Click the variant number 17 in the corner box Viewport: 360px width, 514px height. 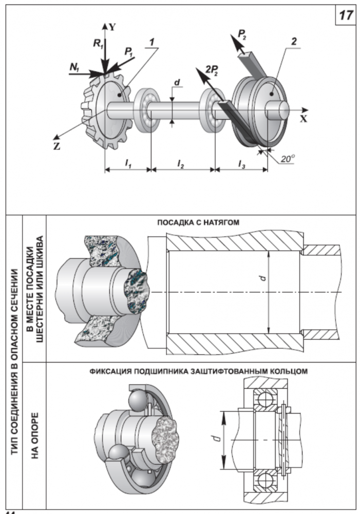point(346,15)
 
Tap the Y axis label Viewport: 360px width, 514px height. point(112,27)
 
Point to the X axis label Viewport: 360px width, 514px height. point(304,119)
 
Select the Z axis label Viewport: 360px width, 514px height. point(57,146)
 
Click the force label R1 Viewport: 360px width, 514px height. point(98,43)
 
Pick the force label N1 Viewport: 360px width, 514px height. point(74,67)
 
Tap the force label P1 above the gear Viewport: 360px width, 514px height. point(129,52)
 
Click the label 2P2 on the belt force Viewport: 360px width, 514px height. point(213,70)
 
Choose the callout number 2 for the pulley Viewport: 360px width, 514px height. point(294,41)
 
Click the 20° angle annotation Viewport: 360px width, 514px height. point(288,159)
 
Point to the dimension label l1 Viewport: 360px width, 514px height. point(128,163)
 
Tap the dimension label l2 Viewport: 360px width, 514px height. point(180,163)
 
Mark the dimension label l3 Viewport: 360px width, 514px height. point(241,163)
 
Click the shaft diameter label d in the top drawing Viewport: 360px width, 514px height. point(177,82)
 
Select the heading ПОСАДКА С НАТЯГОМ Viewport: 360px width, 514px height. point(198,222)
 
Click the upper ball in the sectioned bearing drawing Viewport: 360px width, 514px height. point(266,400)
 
